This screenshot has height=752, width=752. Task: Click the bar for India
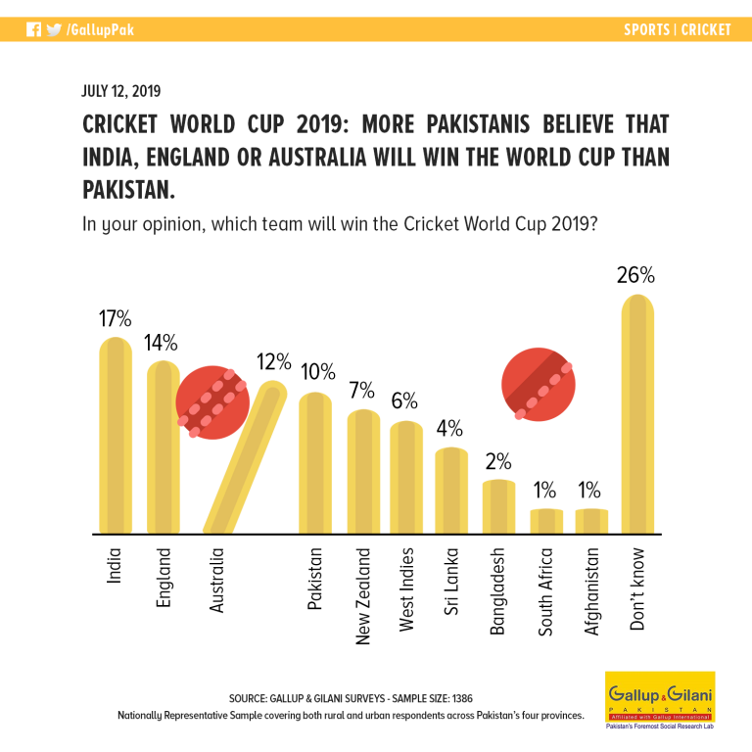point(116,436)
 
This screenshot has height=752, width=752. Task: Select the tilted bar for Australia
point(245,457)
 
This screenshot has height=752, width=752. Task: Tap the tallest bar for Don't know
point(637,414)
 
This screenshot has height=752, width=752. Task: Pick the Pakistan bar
point(315,463)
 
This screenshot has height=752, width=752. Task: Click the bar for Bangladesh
point(498,507)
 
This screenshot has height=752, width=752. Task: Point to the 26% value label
point(635,275)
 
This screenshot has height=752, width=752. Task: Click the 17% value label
point(116,318)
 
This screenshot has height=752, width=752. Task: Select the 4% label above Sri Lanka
point(449,428)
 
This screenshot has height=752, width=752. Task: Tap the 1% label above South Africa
point(544,491)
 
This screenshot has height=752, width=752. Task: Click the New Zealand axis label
point(363,596)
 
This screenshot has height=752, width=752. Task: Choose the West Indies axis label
point(406,589)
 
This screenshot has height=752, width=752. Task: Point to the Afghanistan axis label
point(591,591)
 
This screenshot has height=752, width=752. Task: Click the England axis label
point(164,578)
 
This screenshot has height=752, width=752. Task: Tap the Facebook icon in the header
point(33,29)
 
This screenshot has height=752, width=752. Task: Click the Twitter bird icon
point(54,29)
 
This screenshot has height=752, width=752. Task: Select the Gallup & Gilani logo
point(660,700)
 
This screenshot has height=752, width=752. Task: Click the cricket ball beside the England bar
point(212,402)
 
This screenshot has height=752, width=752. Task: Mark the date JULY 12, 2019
point(120,91)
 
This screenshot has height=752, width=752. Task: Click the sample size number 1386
point(462,698)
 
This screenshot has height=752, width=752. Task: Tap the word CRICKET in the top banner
point(706,29)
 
